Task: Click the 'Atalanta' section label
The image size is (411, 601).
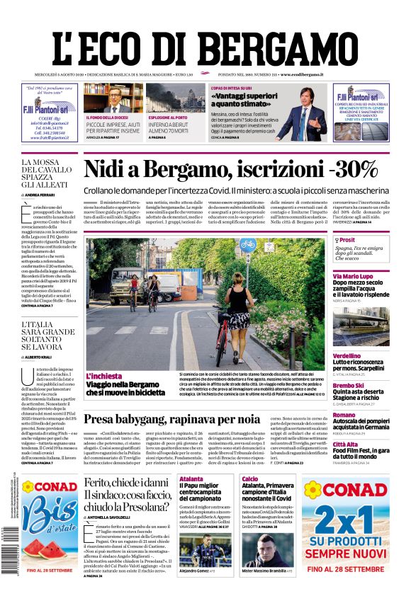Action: point(191,479)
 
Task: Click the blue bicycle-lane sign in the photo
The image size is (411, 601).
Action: point(247,245)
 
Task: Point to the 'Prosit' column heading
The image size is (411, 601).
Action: point(347,241)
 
